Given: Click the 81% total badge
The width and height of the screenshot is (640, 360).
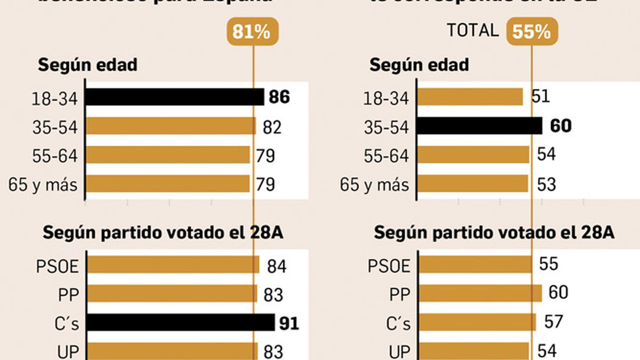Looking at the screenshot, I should (252, 32).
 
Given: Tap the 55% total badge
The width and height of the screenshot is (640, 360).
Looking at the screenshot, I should (532, 32).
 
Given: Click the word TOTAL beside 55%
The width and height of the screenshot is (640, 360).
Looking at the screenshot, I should (473, 30).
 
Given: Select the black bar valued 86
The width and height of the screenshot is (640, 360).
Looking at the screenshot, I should (175, 97).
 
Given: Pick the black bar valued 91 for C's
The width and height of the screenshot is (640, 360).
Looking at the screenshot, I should (180, 322).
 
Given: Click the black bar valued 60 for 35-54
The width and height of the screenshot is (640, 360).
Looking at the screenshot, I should (480, 126).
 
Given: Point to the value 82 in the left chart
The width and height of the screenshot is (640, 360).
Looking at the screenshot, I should (272, 128).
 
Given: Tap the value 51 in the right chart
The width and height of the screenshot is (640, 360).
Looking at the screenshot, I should (541, 97).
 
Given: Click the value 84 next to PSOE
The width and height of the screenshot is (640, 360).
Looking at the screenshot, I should (277, 266).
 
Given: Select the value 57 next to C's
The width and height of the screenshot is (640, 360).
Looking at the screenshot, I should (554, 322).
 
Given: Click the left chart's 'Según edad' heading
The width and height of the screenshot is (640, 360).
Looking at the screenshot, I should (88, 65).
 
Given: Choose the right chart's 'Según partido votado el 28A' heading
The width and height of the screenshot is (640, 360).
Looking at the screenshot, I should (494, 232).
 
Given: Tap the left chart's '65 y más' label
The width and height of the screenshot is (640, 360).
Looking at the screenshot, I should (43, 185).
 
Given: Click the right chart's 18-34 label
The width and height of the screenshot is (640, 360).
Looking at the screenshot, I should (386, 98).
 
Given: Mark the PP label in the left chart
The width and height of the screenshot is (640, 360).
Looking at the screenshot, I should (68, 295).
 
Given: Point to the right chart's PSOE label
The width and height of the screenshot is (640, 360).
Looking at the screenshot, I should (389, 266).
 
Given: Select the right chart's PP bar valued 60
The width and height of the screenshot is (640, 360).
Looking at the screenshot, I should (480, 294).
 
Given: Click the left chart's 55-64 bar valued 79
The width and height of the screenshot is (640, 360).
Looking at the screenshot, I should (168, 155).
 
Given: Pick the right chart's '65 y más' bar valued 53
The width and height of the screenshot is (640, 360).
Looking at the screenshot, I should (473, 184).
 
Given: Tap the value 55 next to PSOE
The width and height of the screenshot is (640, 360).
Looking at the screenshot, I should (548, 264).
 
